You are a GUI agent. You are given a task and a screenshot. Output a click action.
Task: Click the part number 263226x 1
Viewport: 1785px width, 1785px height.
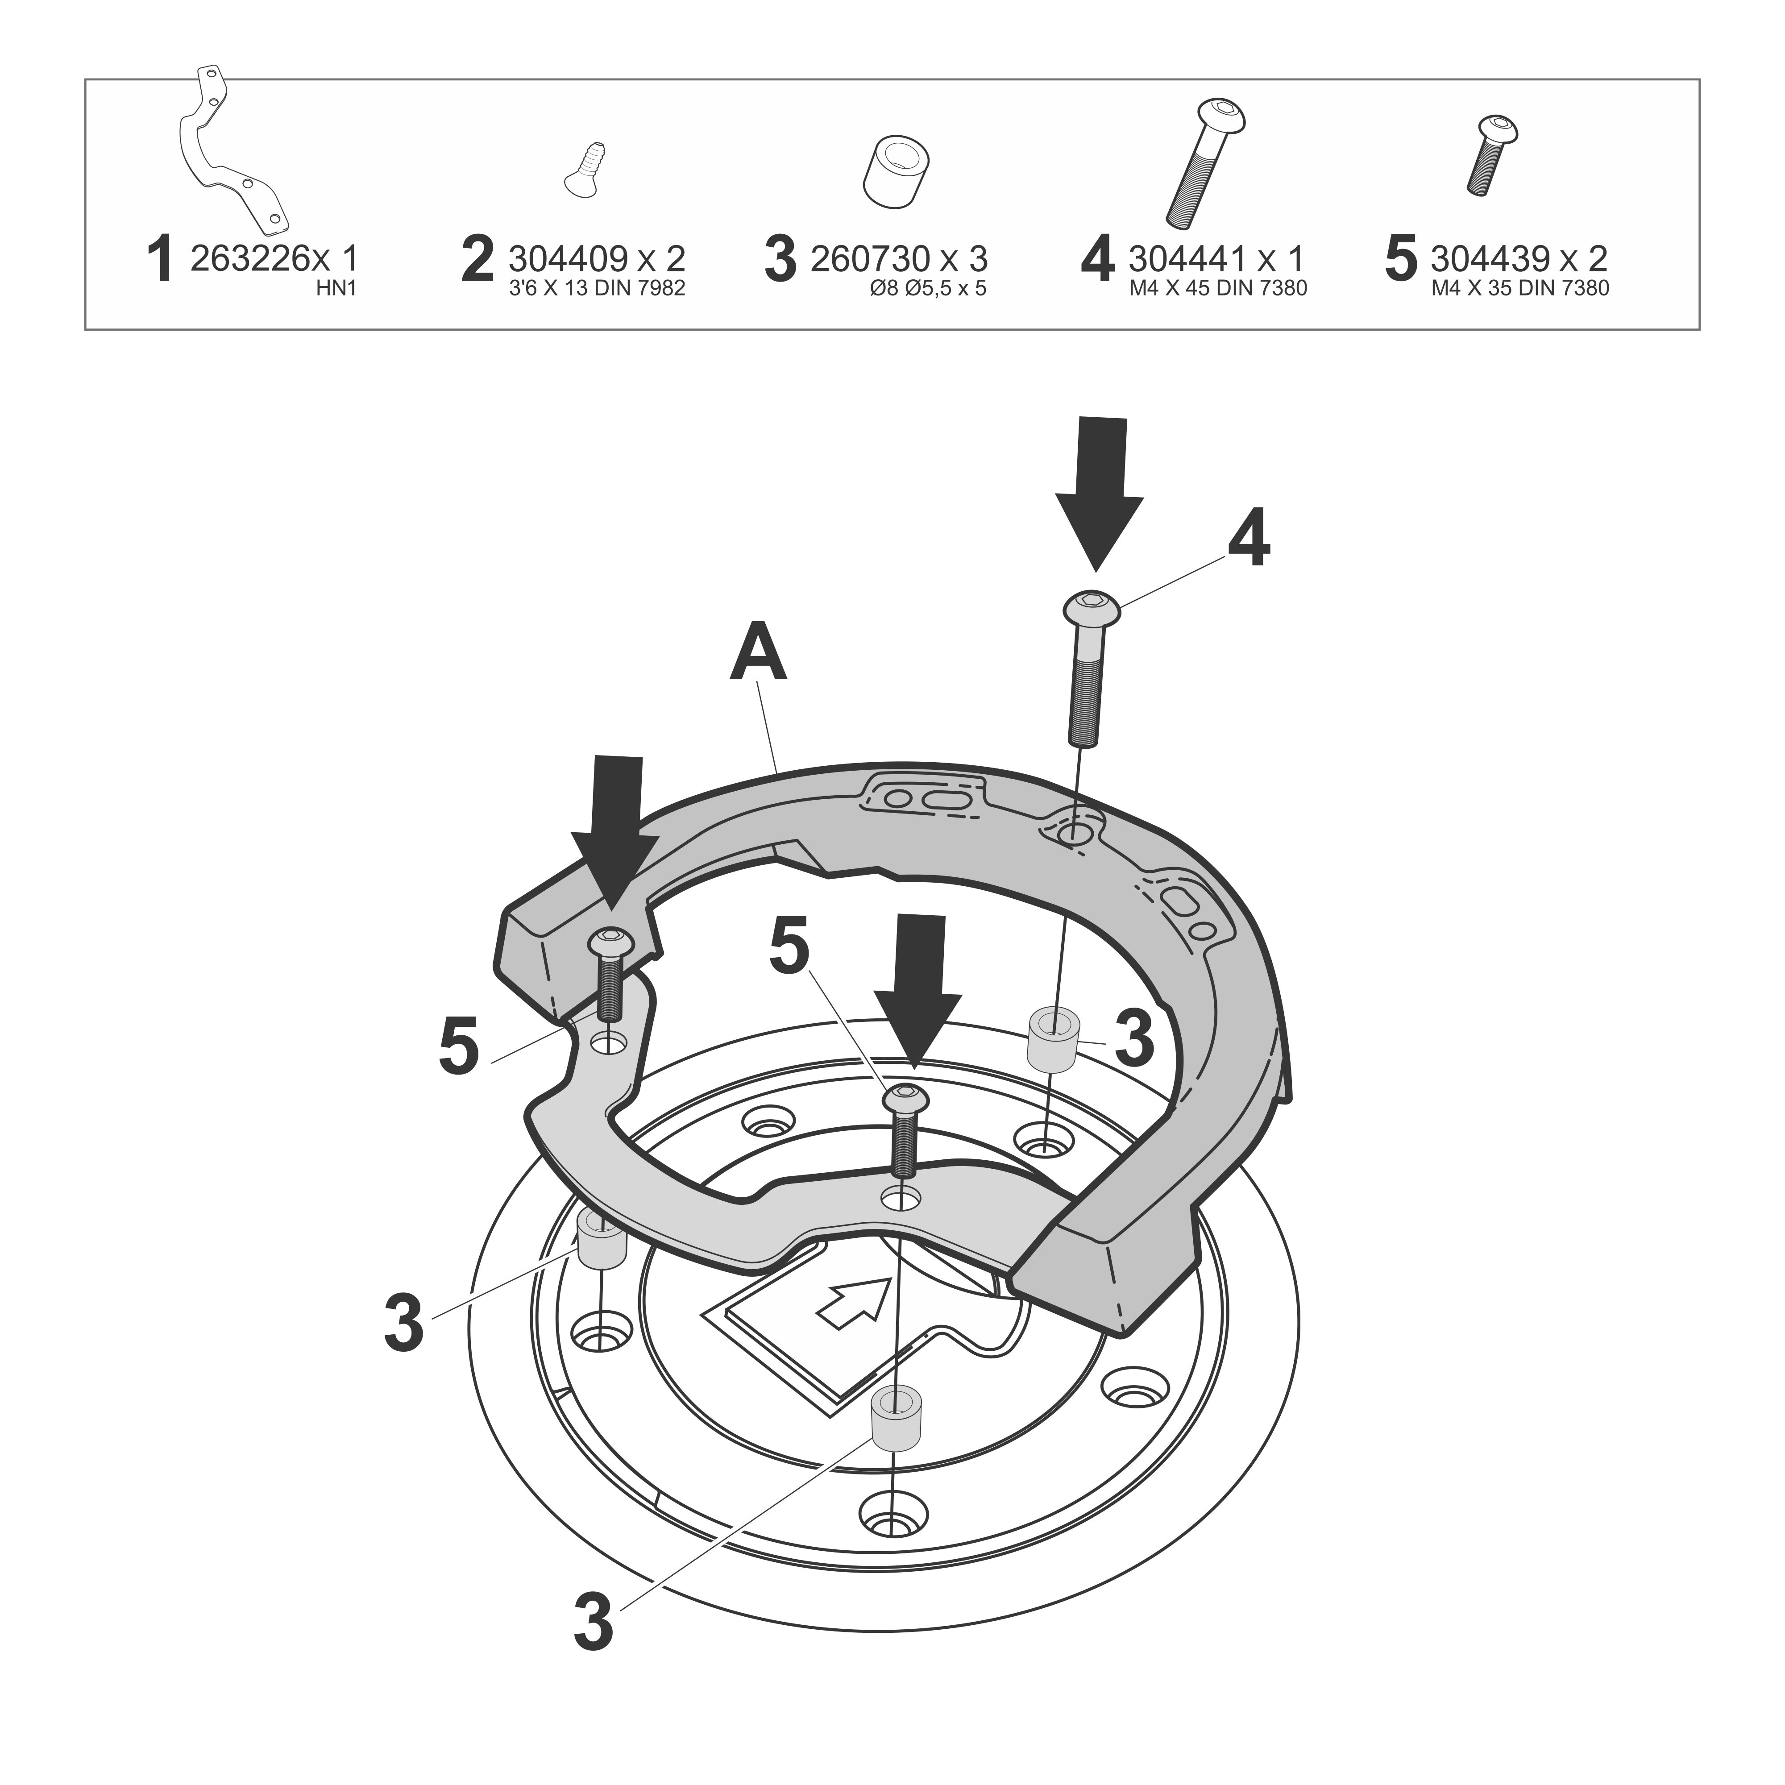click(274, 259)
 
